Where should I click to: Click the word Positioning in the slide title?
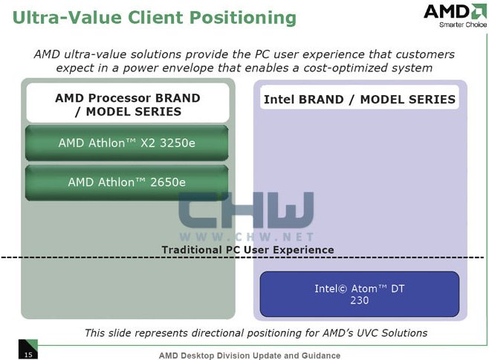[x=243, y=18]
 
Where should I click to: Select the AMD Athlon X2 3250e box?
[x=126, y=143]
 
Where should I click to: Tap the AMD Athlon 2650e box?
[x=126, y=182]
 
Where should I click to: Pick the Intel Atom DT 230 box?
[x=359, y=294]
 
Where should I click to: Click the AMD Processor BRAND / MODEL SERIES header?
[x=128, y=103]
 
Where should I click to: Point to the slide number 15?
[x=28, y=355]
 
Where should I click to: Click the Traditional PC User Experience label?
[x=247, y=250]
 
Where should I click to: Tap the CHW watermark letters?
[x=246, y=210]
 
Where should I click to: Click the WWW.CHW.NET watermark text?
[x=247, y=237]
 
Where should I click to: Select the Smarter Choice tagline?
[x=463, y=25]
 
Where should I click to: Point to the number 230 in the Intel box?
[x=359, y=300]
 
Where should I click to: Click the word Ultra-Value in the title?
[x=67, y=18]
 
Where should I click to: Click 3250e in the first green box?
[x=178, y=143]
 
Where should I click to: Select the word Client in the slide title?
[x=155, y=18]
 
